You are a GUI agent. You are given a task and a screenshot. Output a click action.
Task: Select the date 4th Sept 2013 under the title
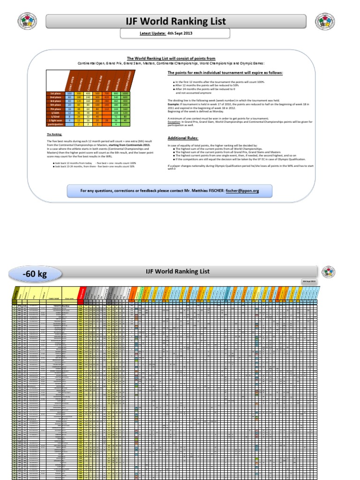click(x=180, y=34)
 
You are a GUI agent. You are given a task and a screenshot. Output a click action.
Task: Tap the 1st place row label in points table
click(x=55, y=94)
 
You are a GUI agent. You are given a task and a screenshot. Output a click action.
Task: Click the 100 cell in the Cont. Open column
click(x=69, y=94)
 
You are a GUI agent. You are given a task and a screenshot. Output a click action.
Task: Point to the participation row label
click(x=55, y=124)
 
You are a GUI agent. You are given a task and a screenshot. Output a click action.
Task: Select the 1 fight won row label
click(x=55, y=120)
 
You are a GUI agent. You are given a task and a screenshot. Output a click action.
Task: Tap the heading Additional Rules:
click(x=183, y=138)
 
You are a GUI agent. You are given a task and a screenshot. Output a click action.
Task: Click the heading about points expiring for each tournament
click(x=225, y=73)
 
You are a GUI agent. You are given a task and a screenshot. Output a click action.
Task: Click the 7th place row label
click(x=55, y=109)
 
